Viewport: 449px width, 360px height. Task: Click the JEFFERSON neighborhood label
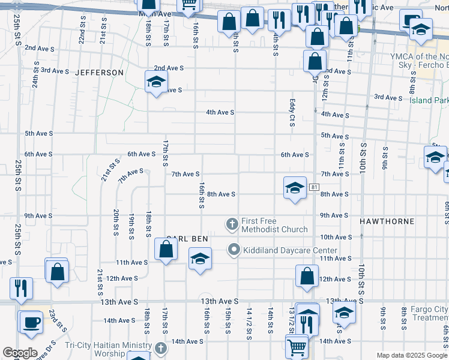coord(100,73)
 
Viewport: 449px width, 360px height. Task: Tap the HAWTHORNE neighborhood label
coord(387,221)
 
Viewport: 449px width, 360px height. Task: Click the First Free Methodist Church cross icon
coord(232,224)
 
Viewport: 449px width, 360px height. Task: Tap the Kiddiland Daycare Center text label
coord(282,250)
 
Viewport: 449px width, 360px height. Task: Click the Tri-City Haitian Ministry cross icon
coord(160,348)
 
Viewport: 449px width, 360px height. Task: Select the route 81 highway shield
coord(314,188)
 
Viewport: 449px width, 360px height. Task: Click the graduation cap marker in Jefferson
coord(156,82)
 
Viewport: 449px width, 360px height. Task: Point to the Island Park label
coord(428,100)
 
